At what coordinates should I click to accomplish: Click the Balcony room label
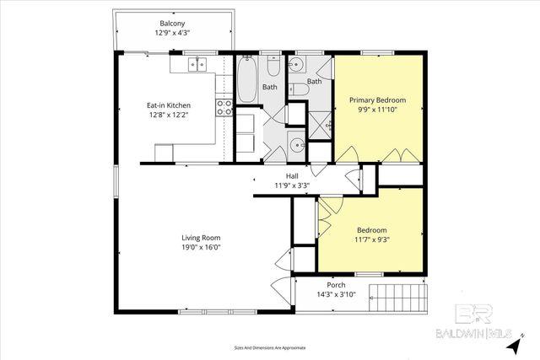tap(172, 23)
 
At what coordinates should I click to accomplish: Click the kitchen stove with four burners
tap(224, 107)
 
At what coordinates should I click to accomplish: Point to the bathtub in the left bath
tap(248, 79)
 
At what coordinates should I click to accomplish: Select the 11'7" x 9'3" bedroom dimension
tap(371, 239)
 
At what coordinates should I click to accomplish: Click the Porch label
tap(336, 286)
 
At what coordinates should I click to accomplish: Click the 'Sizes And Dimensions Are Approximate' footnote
tap(270, 347)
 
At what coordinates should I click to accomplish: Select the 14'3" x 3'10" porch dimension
tap(336, 295)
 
